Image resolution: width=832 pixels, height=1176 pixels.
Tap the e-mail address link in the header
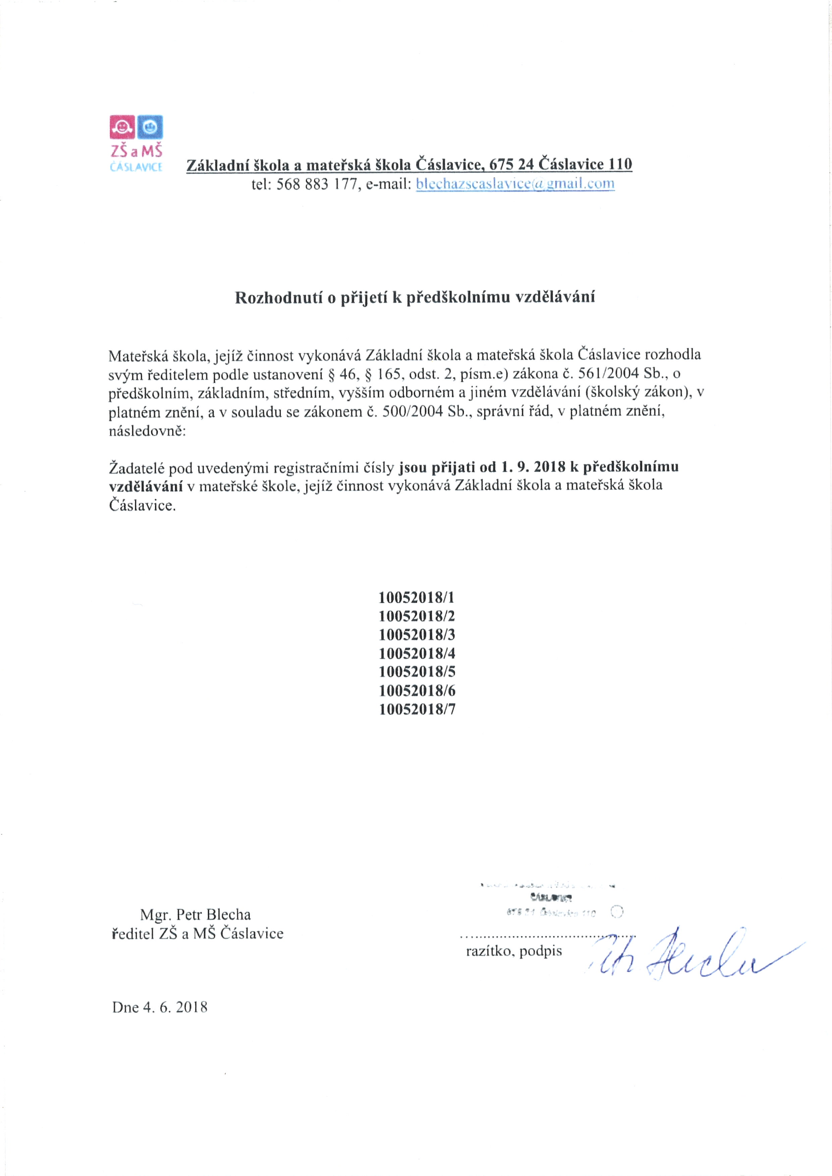[x=515, y=184]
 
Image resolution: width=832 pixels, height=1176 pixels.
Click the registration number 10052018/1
[x=417, y=597]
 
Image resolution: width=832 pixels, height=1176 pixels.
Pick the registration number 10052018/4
[x=417, y=654]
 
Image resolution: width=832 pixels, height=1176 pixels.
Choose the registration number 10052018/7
[x=417, y=710]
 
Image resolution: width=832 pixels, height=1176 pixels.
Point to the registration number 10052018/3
[x=417, y=634]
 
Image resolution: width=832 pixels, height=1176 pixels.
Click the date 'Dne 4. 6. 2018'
[x=160, y=1007]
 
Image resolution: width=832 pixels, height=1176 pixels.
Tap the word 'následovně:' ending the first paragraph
[x=147, y=431]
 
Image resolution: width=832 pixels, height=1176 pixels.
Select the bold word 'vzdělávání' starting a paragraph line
[x=146, y=486]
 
